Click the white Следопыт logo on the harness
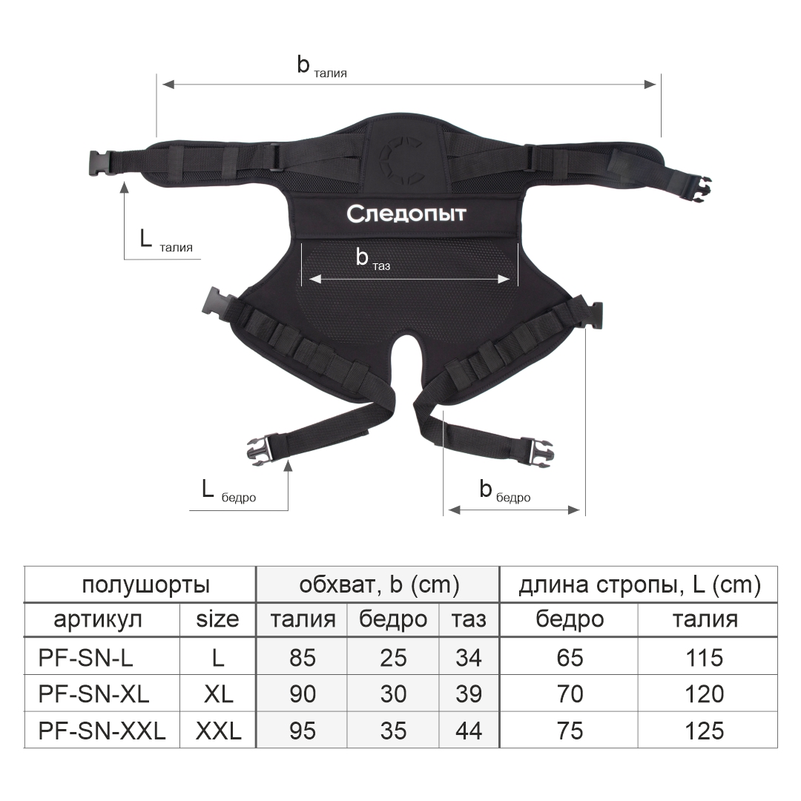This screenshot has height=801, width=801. click(x=406, y=214)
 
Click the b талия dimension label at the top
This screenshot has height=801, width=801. click(x=322, y=67)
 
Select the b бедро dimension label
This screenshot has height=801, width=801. click(x=505, y=490)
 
